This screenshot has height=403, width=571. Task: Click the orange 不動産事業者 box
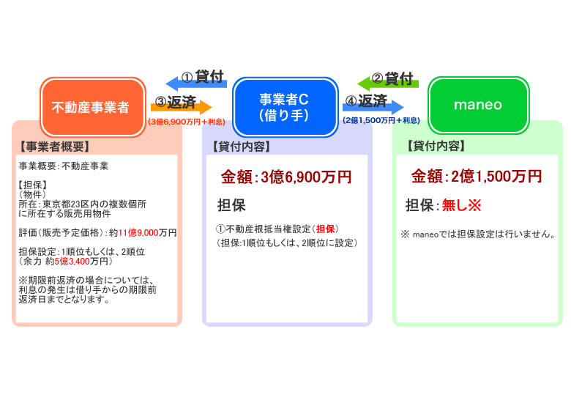coord(93,107)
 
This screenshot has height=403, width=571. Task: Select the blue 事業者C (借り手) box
coord(285,107)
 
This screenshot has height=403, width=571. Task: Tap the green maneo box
coord(478,106)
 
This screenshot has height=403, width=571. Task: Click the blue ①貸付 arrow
coord(196,84)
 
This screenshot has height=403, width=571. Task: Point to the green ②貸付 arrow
coord(388,84)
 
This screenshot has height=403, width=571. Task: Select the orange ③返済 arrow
coord(182,107)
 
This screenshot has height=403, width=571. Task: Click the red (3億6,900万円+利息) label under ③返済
coord(187,122)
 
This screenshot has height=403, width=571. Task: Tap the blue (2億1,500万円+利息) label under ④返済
coord(381,120)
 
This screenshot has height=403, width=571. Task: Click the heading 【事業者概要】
coord(54,147)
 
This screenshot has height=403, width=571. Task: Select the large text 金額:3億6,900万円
coord(286,177)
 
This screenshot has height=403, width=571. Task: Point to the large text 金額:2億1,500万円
coord(477,177)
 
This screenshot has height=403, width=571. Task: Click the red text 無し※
coord(462,205)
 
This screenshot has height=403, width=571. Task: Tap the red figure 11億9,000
coord(138,233)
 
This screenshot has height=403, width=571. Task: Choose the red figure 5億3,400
coord(72,262)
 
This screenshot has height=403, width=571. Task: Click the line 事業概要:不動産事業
coord(64,166)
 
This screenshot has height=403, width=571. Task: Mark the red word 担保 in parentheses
coord(326,229)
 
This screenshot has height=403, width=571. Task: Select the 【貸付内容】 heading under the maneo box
coord(436,146)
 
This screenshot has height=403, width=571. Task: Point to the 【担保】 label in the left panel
coord(32,185)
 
